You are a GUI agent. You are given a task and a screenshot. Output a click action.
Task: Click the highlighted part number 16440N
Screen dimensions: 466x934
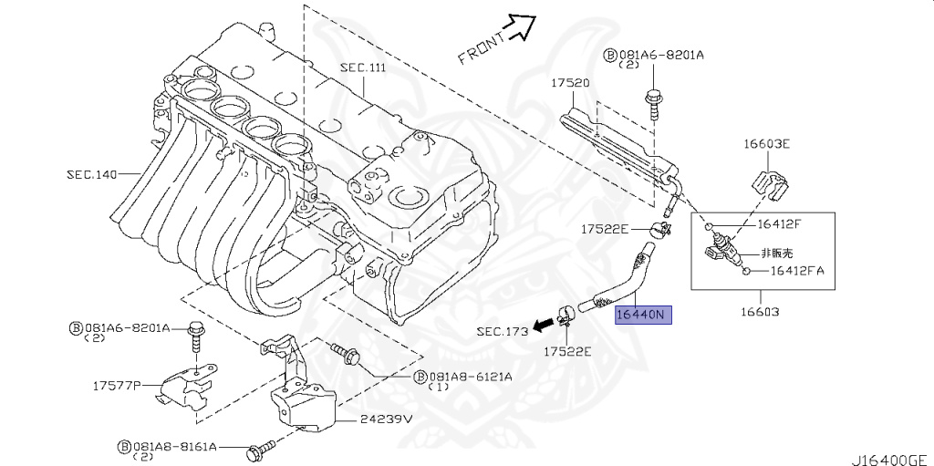[644, 316]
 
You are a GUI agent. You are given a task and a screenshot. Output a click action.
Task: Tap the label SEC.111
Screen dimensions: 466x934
[364, 68]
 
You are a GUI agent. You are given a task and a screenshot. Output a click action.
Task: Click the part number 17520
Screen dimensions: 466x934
[569, 83]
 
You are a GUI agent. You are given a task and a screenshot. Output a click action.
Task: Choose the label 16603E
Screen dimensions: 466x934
[766, 144]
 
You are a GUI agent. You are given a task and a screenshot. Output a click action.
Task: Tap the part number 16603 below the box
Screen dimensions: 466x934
[761, 311]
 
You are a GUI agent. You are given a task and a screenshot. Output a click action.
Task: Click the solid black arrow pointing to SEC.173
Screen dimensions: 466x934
[545, 323]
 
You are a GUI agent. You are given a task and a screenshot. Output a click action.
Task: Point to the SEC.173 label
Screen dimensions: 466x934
[502, 332]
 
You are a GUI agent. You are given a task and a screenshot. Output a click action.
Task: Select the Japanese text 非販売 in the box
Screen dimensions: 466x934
[778, 253]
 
